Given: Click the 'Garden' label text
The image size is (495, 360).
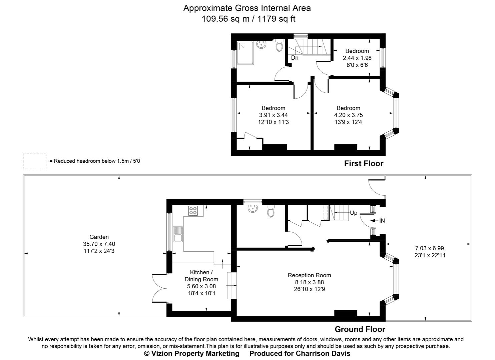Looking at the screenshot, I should [99, 237].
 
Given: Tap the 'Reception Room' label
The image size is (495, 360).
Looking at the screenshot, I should [309, 275].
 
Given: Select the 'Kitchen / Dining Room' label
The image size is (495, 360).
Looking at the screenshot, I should [201, 276].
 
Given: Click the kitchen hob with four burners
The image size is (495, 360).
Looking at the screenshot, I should [193, 210].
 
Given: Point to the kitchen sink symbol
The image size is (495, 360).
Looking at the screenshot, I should [178, 234].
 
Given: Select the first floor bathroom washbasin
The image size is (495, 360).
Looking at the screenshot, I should [261, 45].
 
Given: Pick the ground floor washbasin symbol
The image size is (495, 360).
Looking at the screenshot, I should [253, 209].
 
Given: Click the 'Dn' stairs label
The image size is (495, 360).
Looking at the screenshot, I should [295, 58].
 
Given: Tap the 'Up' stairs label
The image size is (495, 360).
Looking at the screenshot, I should [353, 213].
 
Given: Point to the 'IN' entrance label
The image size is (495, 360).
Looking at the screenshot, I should [382, 221].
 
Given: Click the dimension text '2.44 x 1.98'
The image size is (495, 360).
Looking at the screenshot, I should [357, 58].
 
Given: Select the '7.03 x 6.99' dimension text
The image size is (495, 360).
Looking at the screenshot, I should [429, 248].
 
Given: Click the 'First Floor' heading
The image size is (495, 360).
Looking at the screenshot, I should [364, 163].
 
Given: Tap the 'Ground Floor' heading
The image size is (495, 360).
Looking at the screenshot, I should [360, 329].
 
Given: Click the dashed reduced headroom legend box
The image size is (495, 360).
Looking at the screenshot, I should [35, 161].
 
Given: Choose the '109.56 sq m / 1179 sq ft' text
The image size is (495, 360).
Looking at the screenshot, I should [248, 19].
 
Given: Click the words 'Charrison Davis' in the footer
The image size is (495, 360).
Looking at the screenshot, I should [323, 353].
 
